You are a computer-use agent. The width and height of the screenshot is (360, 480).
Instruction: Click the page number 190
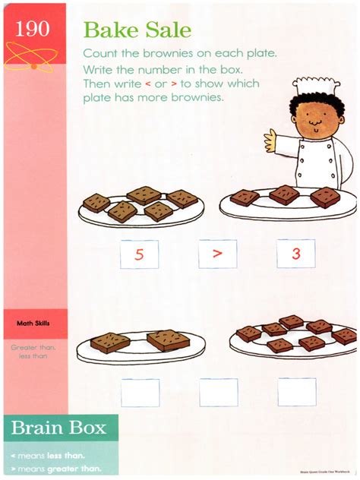pos(32,29)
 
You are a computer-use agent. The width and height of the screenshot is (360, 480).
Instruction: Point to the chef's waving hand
pos(270,139)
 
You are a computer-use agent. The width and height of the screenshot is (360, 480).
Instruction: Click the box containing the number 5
pos(140,254)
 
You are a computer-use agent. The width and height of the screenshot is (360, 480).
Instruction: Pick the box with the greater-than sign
pos(218,254)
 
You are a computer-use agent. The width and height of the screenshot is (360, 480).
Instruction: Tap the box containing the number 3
pos(296,254)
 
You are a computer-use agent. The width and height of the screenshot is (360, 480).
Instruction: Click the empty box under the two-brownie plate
pos(140,392)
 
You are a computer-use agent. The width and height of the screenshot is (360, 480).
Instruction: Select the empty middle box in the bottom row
pos(219,392)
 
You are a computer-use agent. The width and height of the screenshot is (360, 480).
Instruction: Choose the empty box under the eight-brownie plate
pos(296,392)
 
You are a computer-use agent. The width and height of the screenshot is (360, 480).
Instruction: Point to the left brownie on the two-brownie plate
pos(110,342)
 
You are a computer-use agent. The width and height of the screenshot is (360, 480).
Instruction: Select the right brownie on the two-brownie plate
pos(168,339)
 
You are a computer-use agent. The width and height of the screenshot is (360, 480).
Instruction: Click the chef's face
pos(310,118)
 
